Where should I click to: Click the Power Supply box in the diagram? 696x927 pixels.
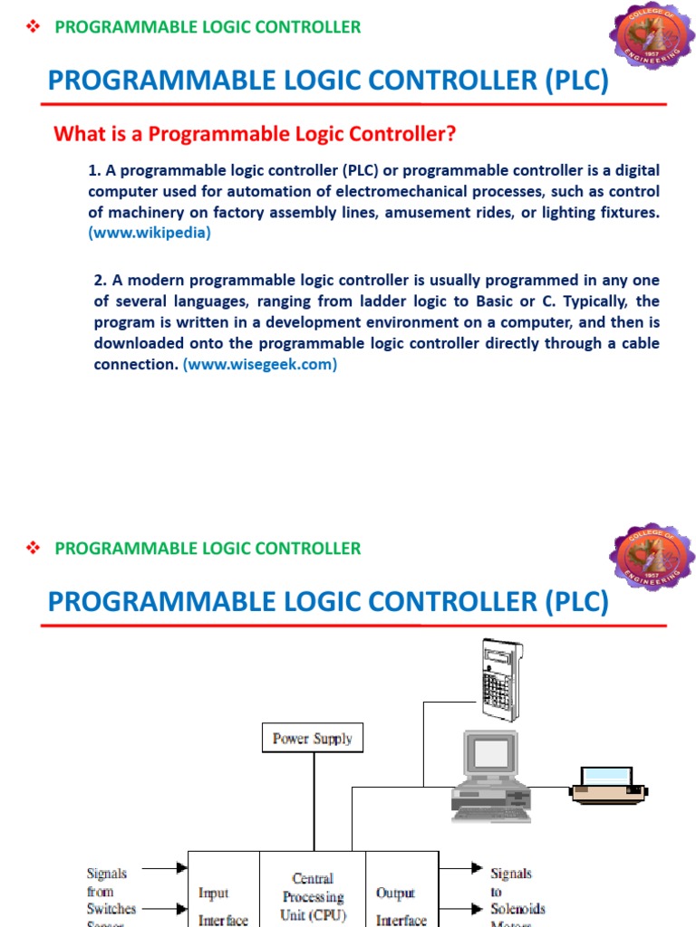[313, 738]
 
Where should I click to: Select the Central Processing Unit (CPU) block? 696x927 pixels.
[313, 896]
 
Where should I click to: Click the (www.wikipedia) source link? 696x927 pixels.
[150, 233]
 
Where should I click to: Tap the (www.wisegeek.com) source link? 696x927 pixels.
[259, 364]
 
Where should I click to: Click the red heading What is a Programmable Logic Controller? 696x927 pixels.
[255, 135]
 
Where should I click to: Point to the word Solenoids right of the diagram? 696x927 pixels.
[517, 908]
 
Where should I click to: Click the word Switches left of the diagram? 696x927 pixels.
[111, 908]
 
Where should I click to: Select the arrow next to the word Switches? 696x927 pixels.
[166, 908]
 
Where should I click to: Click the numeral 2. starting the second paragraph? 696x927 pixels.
[100, 280]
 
